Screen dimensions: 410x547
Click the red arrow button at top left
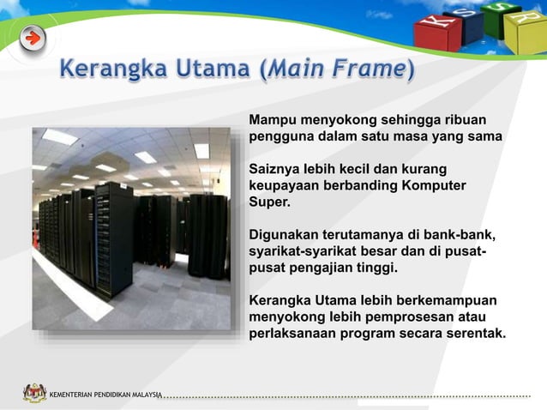(33, 38)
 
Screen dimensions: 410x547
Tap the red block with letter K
(437, 31)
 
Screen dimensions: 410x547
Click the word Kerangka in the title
(112, 69)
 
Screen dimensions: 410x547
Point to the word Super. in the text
(269, 202)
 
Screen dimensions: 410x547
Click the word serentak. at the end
(475, 333)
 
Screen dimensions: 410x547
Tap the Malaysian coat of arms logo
(34, 393)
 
